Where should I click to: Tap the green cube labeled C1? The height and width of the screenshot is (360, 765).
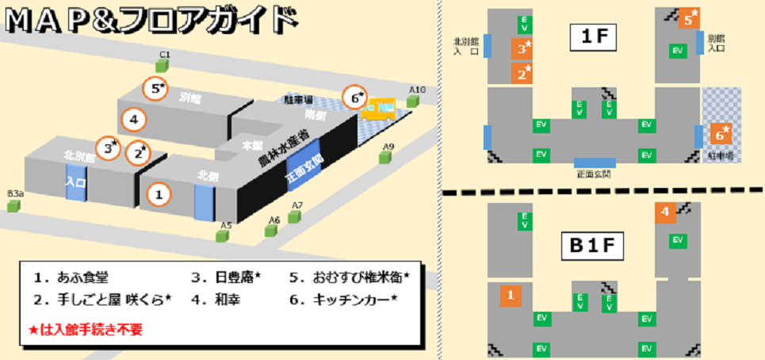pos(165,67)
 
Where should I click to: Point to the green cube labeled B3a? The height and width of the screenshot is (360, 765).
pos(13,205)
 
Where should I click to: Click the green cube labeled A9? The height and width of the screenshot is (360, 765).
pos(387,158)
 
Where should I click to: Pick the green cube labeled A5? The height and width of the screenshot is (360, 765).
pos(226,236)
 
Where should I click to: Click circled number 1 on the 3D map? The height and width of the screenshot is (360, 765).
pos(159,193)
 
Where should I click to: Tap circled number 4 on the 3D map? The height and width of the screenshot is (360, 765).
pos(134,121)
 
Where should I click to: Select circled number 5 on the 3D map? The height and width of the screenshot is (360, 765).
pos(156,88)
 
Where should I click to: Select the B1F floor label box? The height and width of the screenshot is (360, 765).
pos(595,247)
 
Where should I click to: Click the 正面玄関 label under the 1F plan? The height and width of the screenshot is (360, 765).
pos(595,174)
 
